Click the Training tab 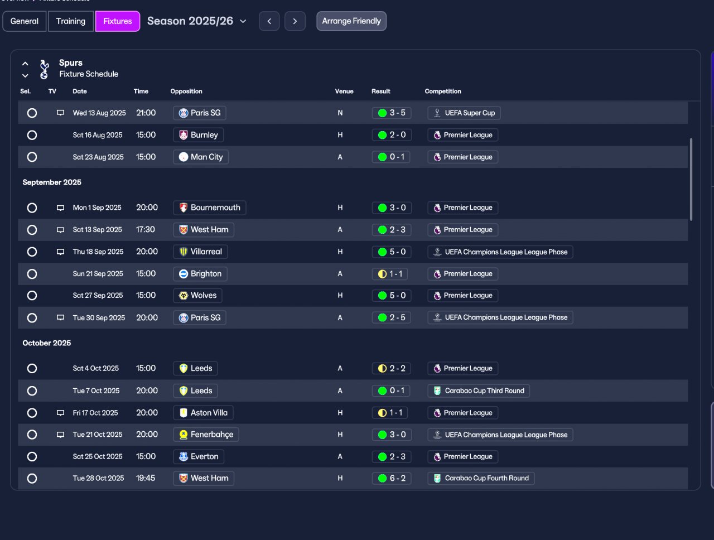[x=71, y=21]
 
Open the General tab [x=25, y=21]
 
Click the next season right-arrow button [x=295, y=21]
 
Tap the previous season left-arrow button [x=269, y=21]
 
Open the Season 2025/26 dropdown [x=197, y=21]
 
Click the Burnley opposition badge [x=184, y=135]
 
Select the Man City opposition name [x=206, y=157]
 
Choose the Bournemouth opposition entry [x=210, y=208]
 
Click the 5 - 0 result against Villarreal [x=392, y=252]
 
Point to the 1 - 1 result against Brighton [x=390, y=274]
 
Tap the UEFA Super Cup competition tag [x=464, y=113]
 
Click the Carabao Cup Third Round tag [x=479, y=390]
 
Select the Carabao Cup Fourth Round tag [x=481, y=478]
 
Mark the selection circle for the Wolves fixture [x=32, y=295]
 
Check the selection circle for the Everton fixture [x=32, y=456]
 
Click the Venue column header [x=344, y=91]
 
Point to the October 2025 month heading [x=46, y=343]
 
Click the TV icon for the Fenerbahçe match [x=60, y=435]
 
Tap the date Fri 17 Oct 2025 [x=95, y=413]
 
